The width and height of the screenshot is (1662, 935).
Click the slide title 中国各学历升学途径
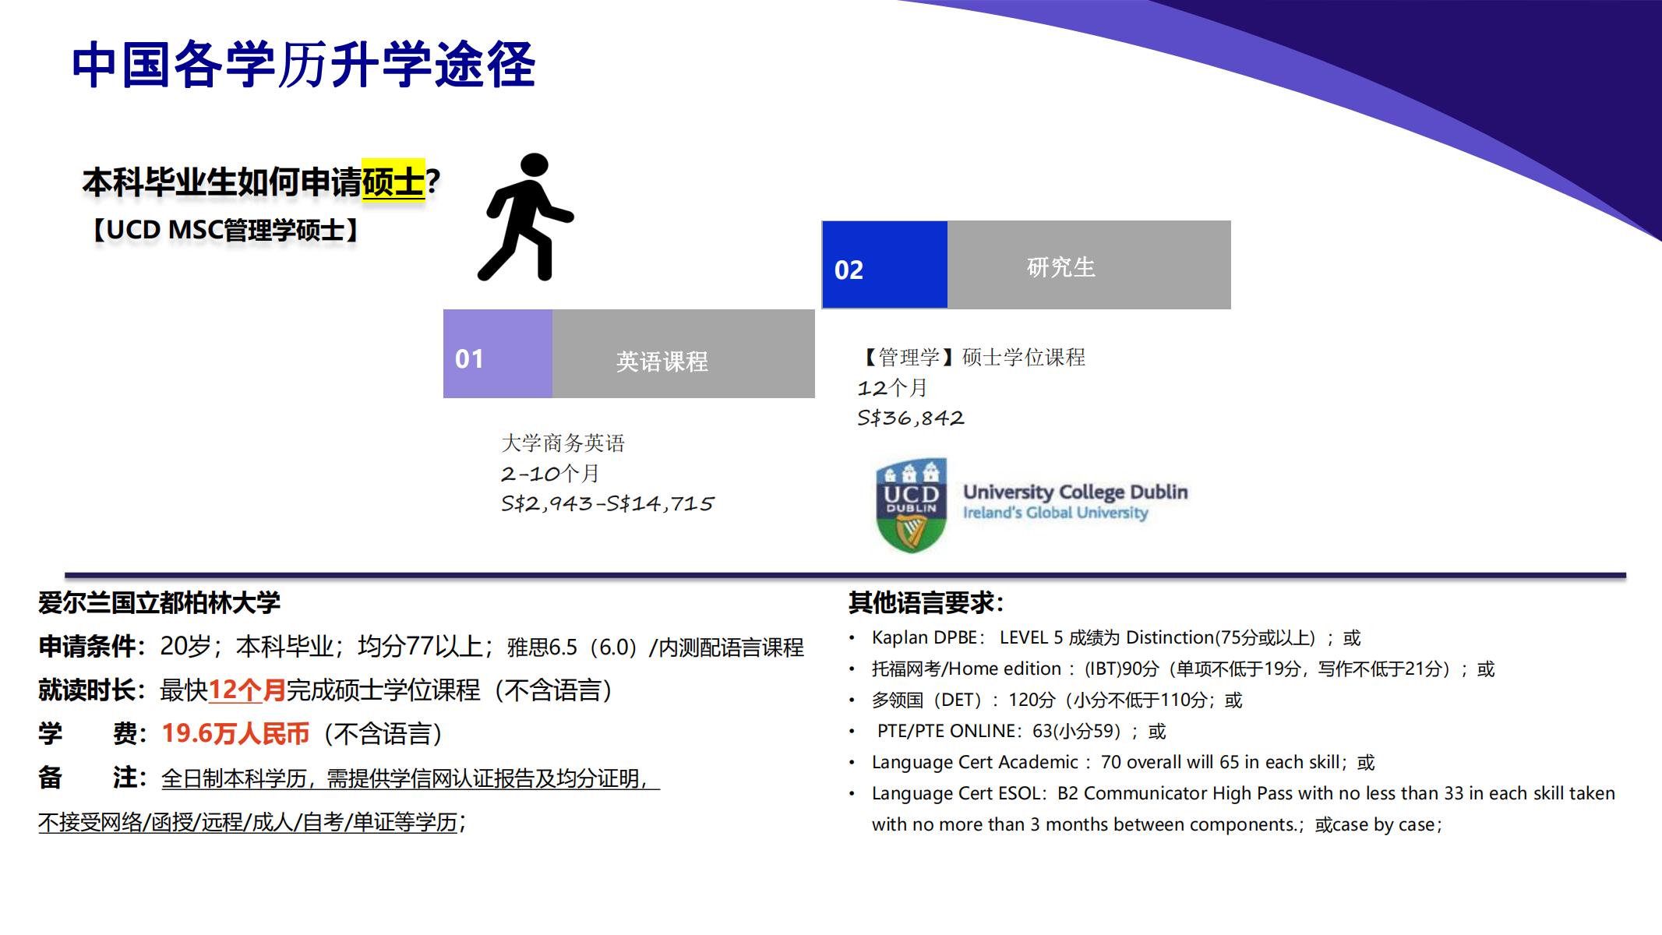click(x=303, y=64)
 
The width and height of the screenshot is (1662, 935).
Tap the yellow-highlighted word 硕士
click(x=393, y=182)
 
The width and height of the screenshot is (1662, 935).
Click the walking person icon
click(x=524, y=217)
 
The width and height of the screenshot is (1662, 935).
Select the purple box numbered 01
click(x=497, y=354)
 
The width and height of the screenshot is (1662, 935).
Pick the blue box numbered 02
click(x=884, y=265)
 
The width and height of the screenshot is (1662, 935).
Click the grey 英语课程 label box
click(x=683, y=354)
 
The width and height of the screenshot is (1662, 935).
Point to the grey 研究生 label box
click(x=1089, y=265)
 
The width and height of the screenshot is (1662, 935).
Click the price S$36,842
click(x=911, y=418)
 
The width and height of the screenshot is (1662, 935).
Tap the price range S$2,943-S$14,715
click(x=608, y=504)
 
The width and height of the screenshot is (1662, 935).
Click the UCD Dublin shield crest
click(x=911, y=506)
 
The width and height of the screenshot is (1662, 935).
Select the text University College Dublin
click(x=1075, y=492)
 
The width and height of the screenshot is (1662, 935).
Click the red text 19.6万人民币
click(x=235, y=733)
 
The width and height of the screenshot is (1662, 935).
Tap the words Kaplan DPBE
click(x=924, y=637)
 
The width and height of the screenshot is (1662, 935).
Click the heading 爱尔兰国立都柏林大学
click(x=159, y=602)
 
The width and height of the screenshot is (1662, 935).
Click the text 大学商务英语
click(x=563, y=443)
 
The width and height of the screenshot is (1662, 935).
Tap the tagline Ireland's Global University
click(x=1056, y=513)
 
